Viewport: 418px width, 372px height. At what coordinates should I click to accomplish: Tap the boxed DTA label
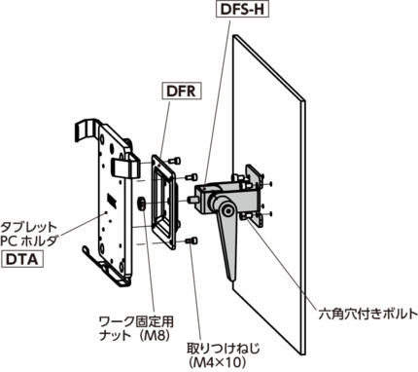(x=25, y=262)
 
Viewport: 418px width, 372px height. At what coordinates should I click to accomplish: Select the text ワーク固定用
(x=136, y=319)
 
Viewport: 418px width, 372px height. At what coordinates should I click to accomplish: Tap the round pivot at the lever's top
(x=224, y=207)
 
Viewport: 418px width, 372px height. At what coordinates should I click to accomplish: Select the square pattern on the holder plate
(x=113, y=202)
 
